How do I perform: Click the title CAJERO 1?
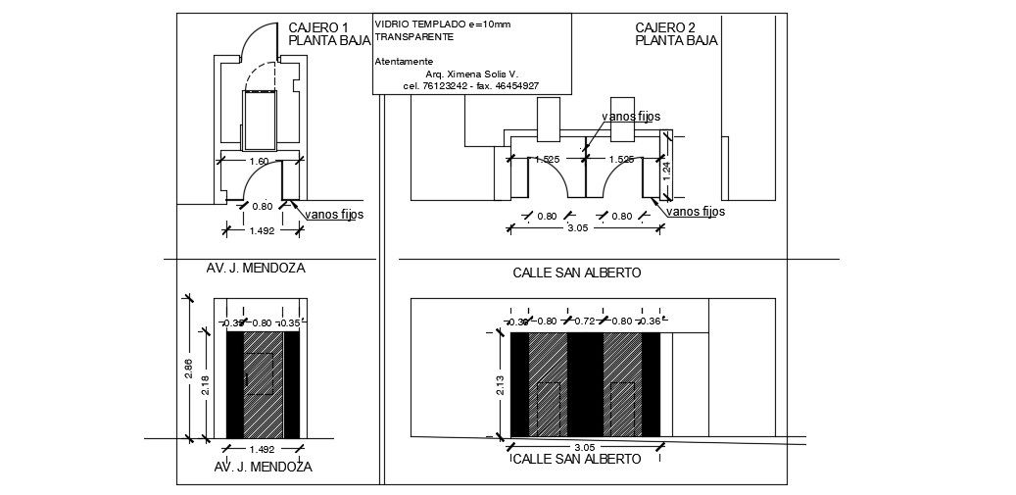318,27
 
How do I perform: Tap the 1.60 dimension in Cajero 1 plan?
259,161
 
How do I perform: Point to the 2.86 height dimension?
188,369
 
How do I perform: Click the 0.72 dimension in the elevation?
584,322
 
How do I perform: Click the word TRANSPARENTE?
414,36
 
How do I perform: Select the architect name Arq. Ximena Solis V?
471,74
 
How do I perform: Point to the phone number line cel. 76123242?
470,86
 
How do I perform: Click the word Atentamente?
404,61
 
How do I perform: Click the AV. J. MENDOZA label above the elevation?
256,267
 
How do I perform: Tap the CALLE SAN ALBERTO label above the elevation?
577,272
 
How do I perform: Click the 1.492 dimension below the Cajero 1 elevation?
263,448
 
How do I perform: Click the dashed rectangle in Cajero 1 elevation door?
259,373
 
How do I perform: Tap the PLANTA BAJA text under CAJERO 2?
676,41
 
